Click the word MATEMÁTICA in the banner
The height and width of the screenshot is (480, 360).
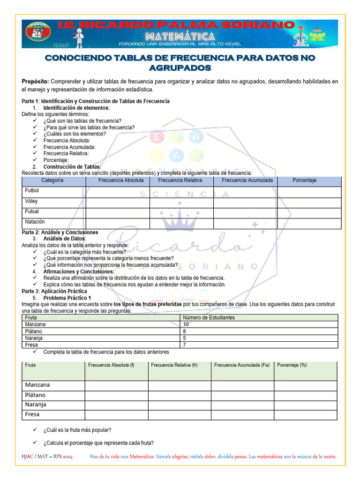click(180, 37)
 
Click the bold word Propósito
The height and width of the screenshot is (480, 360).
click(35, 82)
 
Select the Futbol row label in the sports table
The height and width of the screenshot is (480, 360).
click(32, 191)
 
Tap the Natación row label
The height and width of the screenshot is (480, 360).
click(35, 222)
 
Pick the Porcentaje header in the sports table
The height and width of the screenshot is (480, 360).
click(304, 180)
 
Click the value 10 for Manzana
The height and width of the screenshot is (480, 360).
click(186, 324)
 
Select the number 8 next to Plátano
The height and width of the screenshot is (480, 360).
click(185, 331)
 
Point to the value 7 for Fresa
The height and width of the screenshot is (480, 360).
click(185, 345)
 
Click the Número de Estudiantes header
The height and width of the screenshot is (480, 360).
click(209, 318)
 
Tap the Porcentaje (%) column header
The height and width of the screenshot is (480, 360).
click(292, 365)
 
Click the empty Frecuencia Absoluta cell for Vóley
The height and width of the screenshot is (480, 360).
click(117, 202)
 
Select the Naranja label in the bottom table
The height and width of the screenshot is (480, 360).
click(36, 405)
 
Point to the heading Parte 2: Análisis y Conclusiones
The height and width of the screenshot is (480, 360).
click(60, 232)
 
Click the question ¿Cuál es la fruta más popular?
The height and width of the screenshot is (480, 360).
click(77, 430)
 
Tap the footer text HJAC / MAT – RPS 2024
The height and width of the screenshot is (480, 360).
click(47, 457)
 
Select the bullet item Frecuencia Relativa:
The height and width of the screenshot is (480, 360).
click(66, 153)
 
